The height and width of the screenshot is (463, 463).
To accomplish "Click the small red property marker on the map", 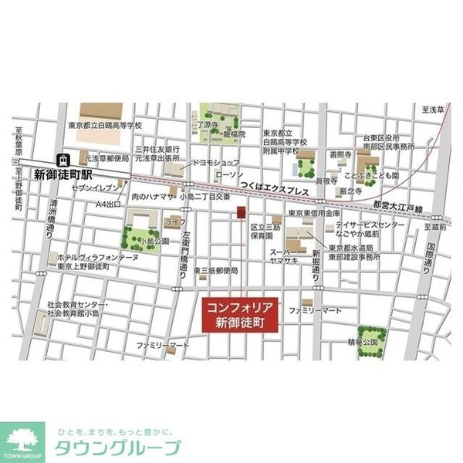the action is click(240, 212).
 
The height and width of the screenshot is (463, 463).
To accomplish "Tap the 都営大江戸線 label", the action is click(397, 208).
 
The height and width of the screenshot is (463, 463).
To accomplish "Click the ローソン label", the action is click(230, 175).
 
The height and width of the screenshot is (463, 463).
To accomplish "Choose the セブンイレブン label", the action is click(96, 188).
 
